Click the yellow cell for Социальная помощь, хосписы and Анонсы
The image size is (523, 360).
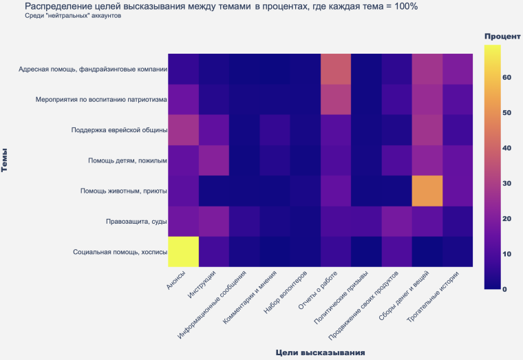[x=182, y=251]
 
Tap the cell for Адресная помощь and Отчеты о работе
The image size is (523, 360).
[x=336, y=69]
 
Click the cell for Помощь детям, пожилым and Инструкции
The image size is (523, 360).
[x=213, y=160]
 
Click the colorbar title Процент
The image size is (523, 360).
[x=502, y=36]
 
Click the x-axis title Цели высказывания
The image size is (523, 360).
[x=320, y=352]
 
